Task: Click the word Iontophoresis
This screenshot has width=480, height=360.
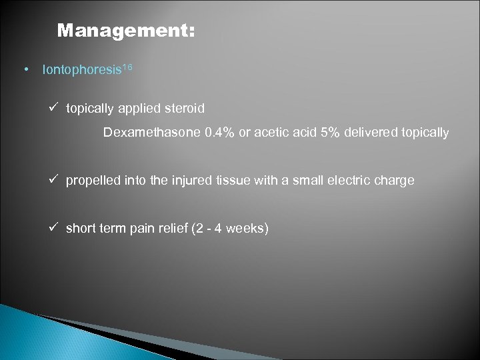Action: [x=80, y=69]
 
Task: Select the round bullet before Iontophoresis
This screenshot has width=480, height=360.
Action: [x=25, y=69]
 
